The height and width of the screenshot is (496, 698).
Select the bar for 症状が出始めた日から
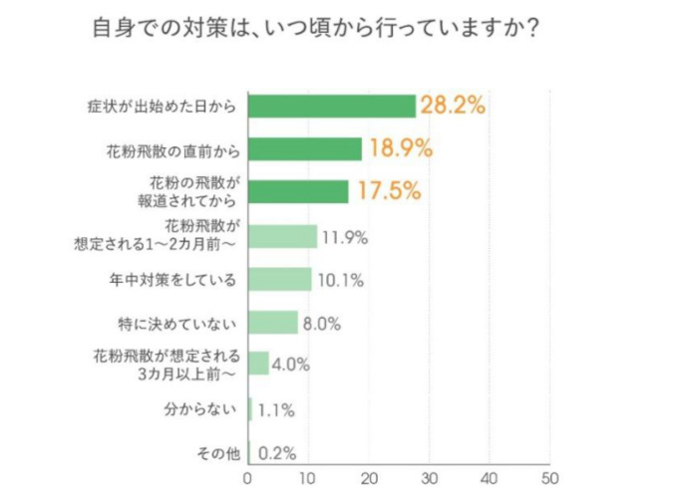click(331, 106)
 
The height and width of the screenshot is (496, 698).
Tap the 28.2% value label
click(453, 106)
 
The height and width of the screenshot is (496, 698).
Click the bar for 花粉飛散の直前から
click(304, 148)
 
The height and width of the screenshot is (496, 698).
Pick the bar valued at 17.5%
click(298, 191)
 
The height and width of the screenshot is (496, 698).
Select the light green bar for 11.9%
click(282, 236)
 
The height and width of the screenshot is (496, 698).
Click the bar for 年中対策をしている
click(279, 280)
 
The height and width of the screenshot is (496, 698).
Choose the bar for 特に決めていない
click(272, 323)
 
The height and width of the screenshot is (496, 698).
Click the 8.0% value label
click(321, 323)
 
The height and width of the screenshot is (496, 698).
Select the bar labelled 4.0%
click(258, 364)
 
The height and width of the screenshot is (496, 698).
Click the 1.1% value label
click(275, 409)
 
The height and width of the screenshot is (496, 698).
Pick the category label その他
click(218, 452)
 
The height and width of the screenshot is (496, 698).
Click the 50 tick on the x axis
click(549, 476)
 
